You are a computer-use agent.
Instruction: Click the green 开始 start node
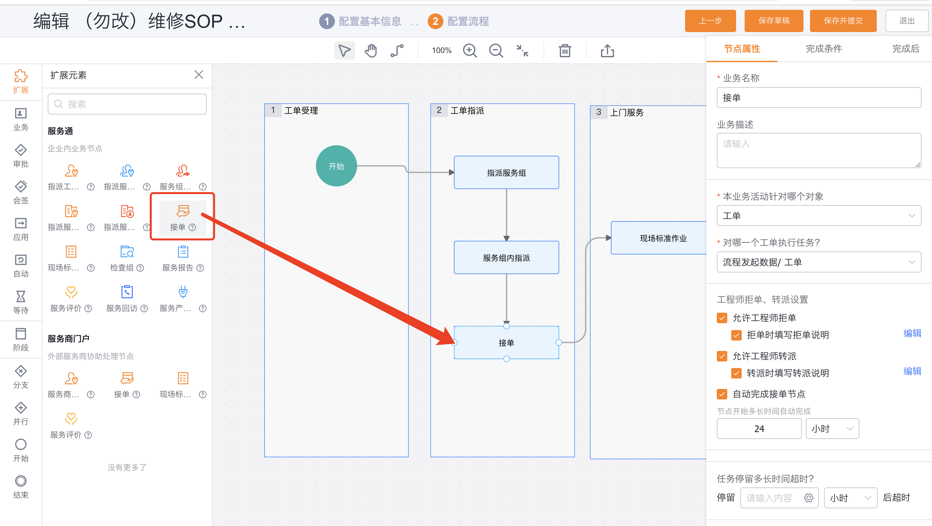coord(336,166)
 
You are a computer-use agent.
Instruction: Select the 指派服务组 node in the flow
coord(506,172)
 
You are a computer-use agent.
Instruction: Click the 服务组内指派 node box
coord(506,257)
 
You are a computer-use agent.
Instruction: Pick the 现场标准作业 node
coord(659,238)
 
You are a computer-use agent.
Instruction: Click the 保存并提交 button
coord(843,21)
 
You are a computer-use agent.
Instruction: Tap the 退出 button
coord(907,21)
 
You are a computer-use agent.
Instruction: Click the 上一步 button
coord(710,21)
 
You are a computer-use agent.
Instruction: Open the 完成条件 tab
coord(824,49)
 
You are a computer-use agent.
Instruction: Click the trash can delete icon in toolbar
coord(565,51)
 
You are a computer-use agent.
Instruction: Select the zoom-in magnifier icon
coord(470,51)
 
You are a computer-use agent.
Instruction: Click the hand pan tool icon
coord(371,51)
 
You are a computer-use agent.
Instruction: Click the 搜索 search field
coord(127,104)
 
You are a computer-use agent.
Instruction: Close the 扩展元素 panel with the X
coord(198,75)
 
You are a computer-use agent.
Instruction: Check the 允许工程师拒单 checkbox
coord(722,318)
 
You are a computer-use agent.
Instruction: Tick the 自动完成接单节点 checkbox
coord(722,394)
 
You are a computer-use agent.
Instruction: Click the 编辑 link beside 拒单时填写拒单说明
coord(912,333)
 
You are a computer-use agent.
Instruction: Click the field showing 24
coord(759,429)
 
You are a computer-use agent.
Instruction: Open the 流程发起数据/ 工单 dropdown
coord(819,262)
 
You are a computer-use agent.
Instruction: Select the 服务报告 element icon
coord(183,252)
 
